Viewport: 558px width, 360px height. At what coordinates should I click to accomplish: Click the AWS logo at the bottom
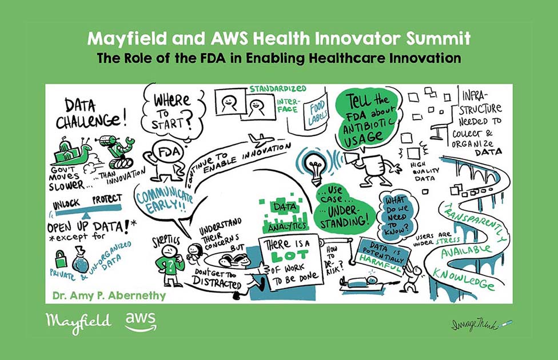[141, 322]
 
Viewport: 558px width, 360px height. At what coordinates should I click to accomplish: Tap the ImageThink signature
[482, 325]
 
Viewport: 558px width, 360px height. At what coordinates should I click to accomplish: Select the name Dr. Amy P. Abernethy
[109, 295]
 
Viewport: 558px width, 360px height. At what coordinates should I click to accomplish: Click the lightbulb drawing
[315, 167]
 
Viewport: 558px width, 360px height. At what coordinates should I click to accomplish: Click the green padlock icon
[61, 259]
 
